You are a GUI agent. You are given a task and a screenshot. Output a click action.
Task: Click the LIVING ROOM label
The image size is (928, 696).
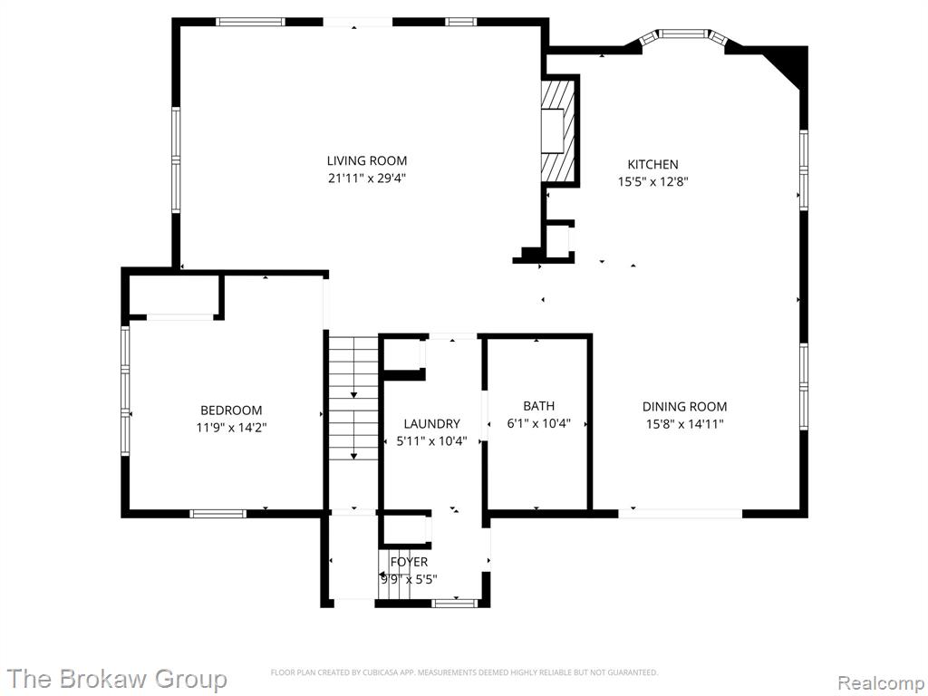tap(367, 160)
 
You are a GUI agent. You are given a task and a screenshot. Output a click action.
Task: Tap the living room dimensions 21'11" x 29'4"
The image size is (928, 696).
tap(367, 178)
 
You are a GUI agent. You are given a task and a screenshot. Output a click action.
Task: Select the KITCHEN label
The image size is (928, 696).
tap(652, 165)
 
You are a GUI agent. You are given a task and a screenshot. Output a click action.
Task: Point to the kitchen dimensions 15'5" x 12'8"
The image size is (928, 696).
tap(652, 181)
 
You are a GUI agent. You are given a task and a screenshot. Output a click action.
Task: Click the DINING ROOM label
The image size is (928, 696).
tap(685, 407)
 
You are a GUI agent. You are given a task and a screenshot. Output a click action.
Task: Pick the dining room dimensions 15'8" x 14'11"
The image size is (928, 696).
tap(685, 424)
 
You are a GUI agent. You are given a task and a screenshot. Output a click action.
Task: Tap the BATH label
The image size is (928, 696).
tap(538, 406)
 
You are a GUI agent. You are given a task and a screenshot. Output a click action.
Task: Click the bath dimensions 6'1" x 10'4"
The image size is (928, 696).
tap(538, 423)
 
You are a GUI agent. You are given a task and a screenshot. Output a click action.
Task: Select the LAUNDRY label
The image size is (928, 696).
tap(431, 424)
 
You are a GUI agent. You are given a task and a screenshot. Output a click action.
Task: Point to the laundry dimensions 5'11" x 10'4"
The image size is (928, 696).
tap(431, 441)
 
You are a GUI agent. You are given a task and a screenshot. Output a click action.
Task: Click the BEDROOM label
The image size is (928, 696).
tap(231, 411)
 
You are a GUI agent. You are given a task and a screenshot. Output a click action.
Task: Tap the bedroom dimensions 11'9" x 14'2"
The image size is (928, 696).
tap(231, 428)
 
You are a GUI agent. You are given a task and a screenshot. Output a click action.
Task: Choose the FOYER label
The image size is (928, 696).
tap(409, 562)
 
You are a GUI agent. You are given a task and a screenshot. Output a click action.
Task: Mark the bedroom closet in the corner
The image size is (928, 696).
tap(175, 295)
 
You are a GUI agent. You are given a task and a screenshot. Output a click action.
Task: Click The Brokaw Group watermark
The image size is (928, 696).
tap(117, 679)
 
